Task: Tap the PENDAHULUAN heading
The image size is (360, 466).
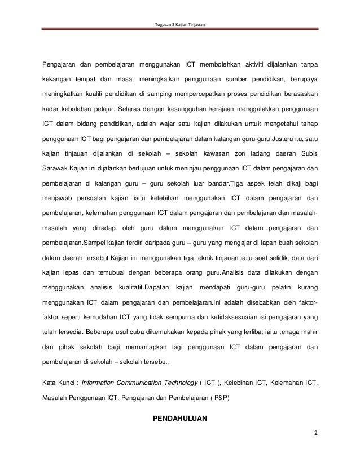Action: click(180, 419)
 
